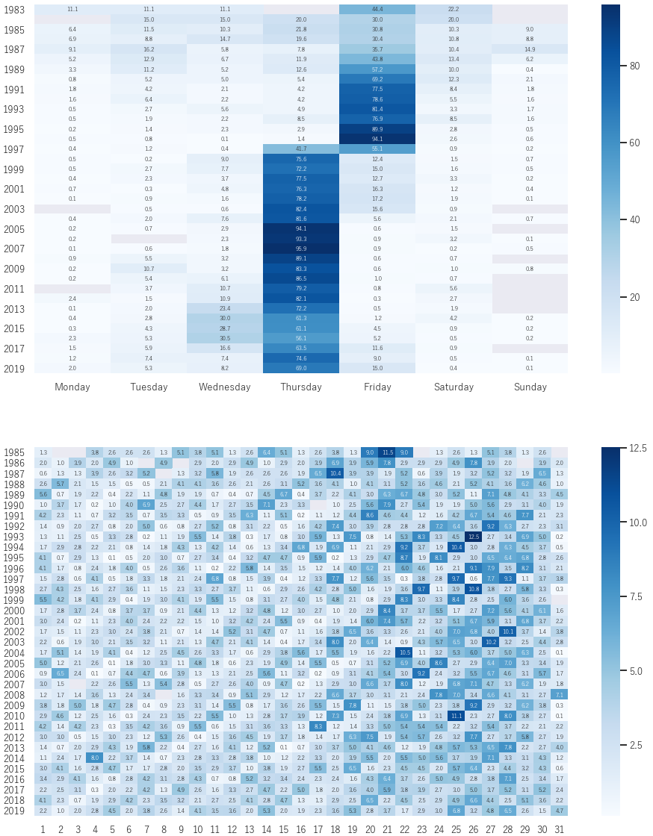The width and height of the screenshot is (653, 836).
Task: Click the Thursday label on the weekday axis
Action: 301,387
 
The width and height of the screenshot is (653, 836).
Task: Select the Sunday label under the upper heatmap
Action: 530,387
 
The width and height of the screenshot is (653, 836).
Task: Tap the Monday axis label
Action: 72,387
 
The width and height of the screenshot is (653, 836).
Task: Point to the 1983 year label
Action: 14,10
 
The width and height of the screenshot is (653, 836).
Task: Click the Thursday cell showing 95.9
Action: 301,249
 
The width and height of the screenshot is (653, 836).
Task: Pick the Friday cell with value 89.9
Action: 377,128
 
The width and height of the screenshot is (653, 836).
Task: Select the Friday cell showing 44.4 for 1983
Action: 377,9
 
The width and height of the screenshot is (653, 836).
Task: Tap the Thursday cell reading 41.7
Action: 301,149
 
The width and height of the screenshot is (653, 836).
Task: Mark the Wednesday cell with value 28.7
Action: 225,328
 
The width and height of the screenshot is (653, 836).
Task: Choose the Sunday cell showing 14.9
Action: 530,49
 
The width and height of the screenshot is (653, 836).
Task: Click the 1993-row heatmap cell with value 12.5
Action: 474,537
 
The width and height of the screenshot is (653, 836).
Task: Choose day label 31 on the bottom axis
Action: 560,829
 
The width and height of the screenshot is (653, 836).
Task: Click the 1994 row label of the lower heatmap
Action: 14,547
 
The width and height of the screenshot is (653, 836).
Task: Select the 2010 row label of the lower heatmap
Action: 14,715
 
